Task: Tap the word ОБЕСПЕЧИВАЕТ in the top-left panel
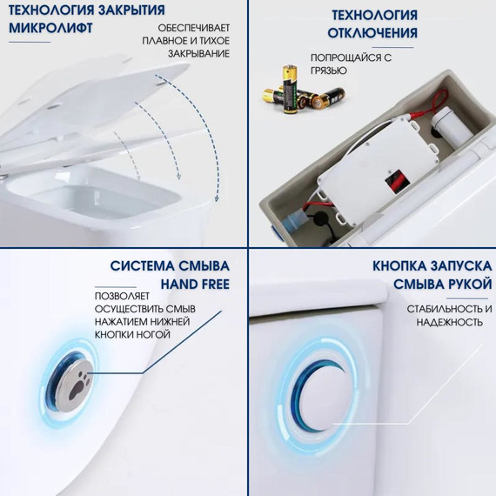[x=193, y=35]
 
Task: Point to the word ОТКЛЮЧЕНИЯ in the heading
[x=372, y=33]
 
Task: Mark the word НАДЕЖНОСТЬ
[x=451, y=322]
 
